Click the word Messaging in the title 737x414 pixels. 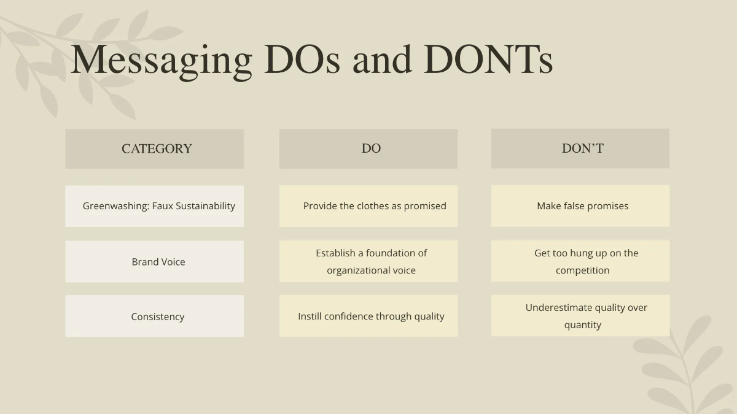coord(161,59)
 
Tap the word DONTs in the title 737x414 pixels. coord(488,59)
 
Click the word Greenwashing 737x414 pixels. coord(116,206)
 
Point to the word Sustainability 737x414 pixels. coord(205,206)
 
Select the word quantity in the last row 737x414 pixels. coord(583,325)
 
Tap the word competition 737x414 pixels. coord(583,270)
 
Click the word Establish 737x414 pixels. coord(335,253)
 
